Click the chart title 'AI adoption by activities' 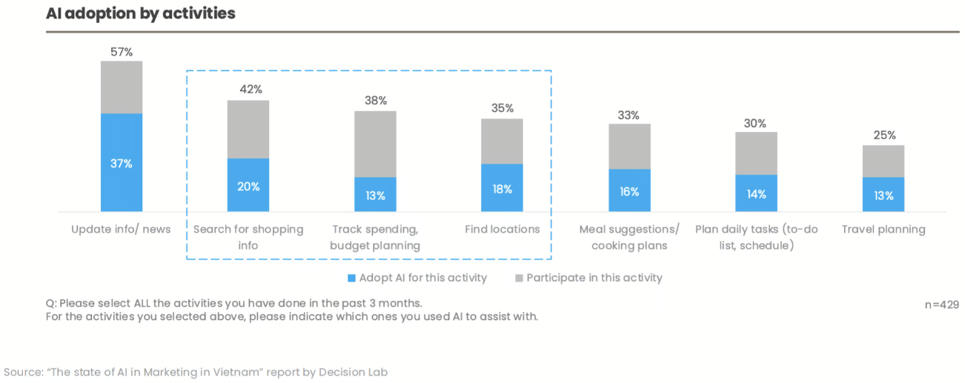click(x=141, y=13)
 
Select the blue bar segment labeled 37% click(x=122, y=163)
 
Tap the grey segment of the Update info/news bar click(x=122, y=87)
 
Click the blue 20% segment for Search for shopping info click(x=248, y=185)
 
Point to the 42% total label click(x=251, y=90)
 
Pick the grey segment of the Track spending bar click(x=375, y=144)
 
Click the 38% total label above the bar click(x=376, y=101)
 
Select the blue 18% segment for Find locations click(x=502, y=188)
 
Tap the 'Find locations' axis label click(x=503, y=230)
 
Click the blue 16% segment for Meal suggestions click(x=629, y=190)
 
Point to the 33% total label click(x=629, y=116)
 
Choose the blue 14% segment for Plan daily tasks click(x=756, y=193)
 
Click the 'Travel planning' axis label click(x=883, y=230)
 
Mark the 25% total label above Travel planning click(x=884, y=136)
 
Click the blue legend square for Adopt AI click(x=351, y=279)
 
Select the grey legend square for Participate click(x=519, y=279)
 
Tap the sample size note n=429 click(x=941, y=304)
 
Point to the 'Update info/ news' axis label click(x=121, y=230)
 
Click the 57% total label click(x=122, y=52)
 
